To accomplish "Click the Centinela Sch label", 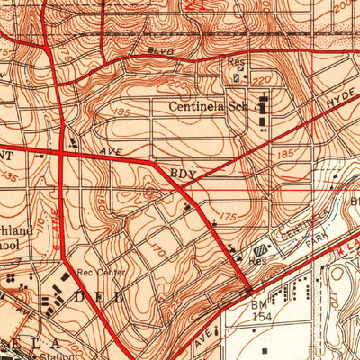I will point(207,105).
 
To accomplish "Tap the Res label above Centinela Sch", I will point(238,62).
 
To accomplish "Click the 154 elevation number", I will point(260,318).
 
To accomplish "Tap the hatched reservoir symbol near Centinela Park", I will point(260,250).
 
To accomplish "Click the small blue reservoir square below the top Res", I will point(236,78).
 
